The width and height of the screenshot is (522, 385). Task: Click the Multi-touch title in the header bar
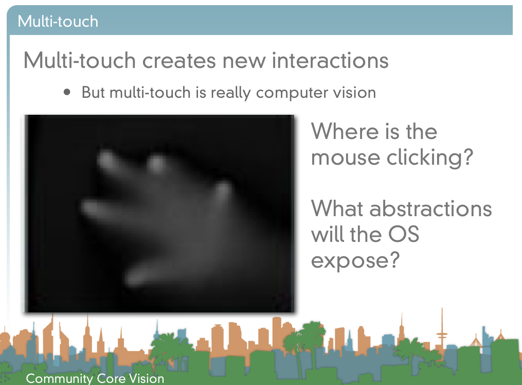click(58, 22)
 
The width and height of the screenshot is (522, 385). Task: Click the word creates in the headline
click(179, 60)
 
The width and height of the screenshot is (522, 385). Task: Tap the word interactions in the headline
click(330, 60)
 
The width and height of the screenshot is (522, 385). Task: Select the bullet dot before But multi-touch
click(67, 92)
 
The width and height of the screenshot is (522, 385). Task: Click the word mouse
click(346, 158)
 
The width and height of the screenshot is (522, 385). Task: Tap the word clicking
click(425, 157)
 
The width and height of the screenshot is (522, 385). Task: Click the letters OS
click(404, 234)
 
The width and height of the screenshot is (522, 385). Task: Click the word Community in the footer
click(59, 379)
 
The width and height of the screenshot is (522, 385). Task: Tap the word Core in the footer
click(111, 379)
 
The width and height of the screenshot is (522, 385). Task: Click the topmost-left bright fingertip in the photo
click(106, 159)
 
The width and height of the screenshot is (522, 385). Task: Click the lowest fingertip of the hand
click(135, 278)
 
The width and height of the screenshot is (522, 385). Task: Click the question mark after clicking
click(469, 156)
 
